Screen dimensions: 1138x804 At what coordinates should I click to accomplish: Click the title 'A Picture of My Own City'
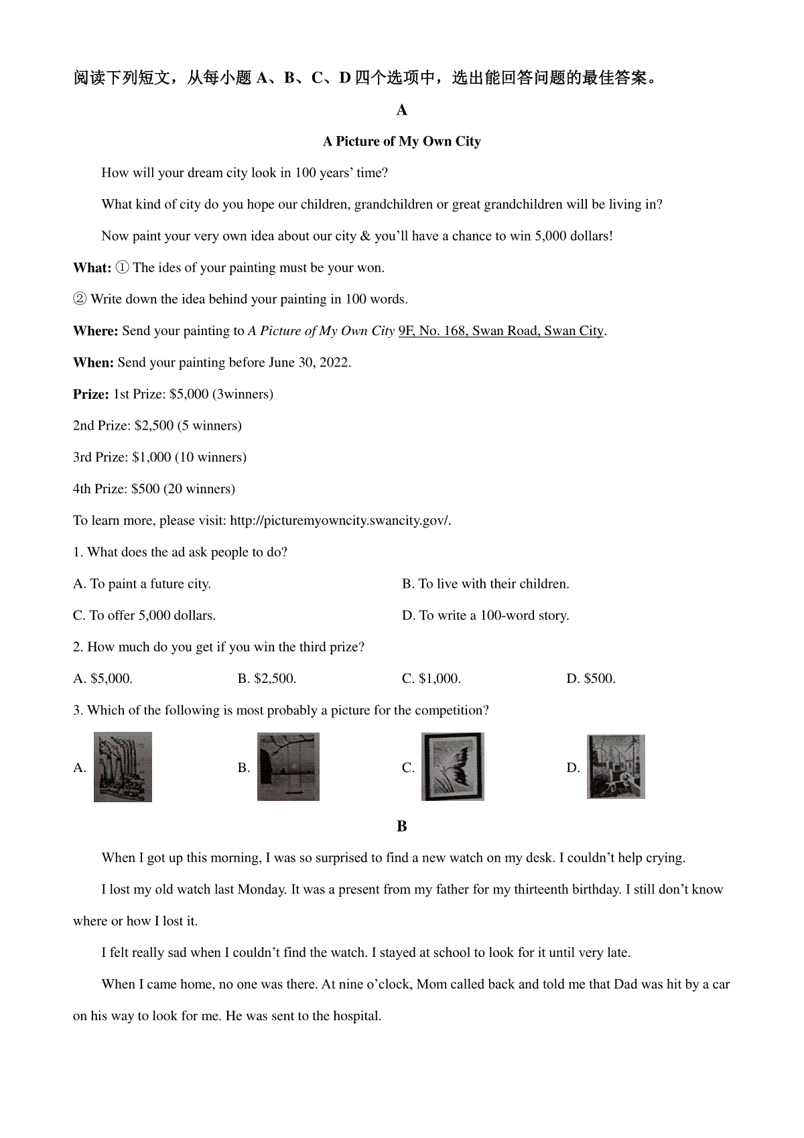(x=401, y=141)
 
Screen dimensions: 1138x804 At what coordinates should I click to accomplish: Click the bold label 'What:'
(x=92, y=268)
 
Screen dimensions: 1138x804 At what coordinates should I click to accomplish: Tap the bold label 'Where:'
(x=95, y=331)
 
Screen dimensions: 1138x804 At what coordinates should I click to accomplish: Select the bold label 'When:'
(x=93, y=363)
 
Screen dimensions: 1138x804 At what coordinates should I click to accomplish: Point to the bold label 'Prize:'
(x=90, y=394)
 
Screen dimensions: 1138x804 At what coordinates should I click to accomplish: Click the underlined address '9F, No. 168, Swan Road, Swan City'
(x=501, y=331)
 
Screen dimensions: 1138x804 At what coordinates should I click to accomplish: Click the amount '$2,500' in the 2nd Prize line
(x=154, y=426)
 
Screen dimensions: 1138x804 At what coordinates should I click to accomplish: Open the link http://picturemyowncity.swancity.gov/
(x=340, y=521)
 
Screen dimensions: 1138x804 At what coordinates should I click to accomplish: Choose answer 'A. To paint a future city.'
(x=142, y=584)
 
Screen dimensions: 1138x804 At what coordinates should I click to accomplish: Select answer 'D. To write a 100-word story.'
(x=485, y=615)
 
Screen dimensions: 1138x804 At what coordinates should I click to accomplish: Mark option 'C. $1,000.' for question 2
(x=431, y=679)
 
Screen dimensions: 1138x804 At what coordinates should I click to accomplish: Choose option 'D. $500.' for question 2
(x=591, y=679)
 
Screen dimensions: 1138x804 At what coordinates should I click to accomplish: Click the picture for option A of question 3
(x=123, y=767)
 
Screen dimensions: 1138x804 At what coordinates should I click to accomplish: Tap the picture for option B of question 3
(x=288, y=767)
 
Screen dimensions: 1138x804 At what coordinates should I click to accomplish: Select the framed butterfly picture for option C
(x=452, y=767)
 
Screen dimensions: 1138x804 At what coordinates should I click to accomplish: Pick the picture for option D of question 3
(x=616, y=767)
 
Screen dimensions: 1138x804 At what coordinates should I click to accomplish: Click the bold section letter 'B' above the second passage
(x=401, y=826)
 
